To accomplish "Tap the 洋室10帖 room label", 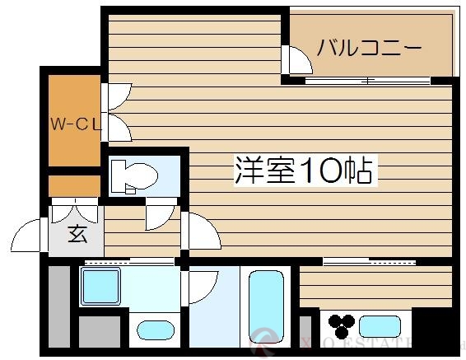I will pos(304,171).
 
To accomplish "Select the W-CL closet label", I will pos(75,125).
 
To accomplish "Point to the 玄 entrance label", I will pos(77,234).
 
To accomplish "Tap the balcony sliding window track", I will pos(369,81).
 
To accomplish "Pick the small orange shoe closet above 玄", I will pos(73,185).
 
